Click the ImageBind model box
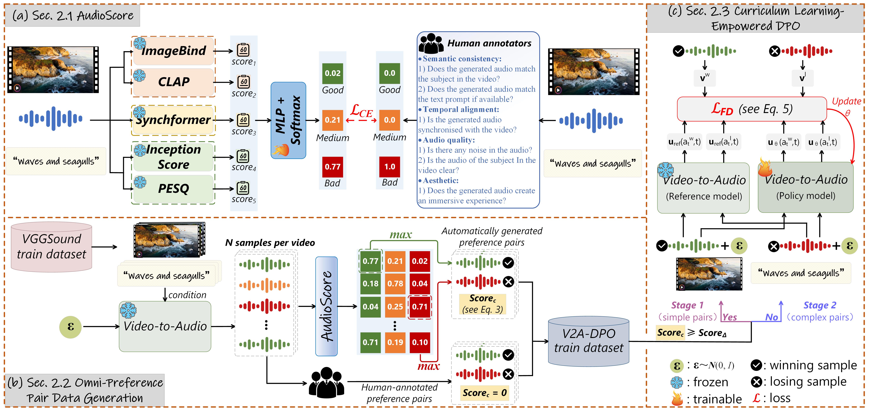[173, 51]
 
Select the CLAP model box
[173, 82]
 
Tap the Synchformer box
[173, 120]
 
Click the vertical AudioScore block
[326, 306]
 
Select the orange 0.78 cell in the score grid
[395, 284]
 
